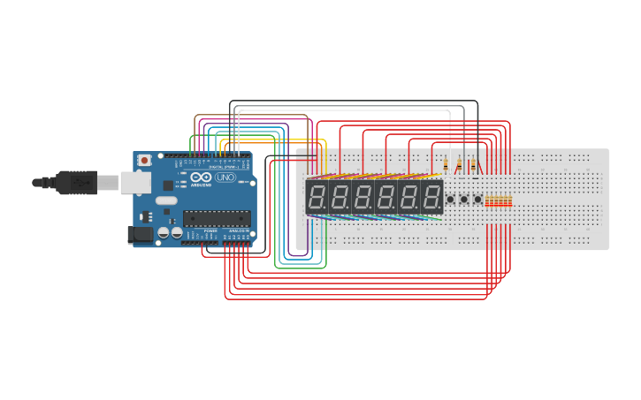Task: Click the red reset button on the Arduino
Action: pos(144,161)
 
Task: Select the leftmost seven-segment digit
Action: pos(317,197)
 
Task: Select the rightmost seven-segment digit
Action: pos(432,197)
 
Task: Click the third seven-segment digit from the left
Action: pos(363,197)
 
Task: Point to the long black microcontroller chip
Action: pos(216,218)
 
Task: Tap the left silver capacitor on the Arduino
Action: pos(164,233)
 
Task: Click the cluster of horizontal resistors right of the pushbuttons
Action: pos(499,201)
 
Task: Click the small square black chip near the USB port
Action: pos(168,185)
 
